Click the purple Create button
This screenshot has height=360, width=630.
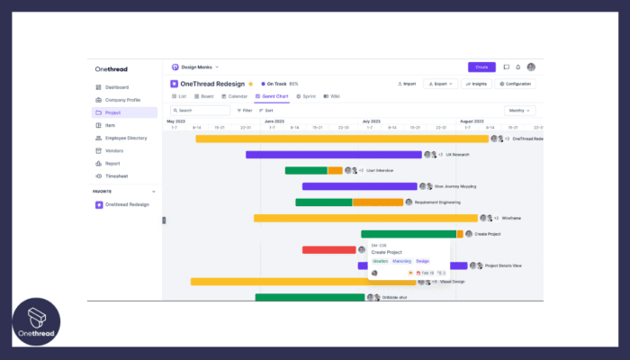(x=481, y=67)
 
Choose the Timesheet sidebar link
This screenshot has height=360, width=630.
(x=116, y=176)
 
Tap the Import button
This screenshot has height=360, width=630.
(x=406, y=84)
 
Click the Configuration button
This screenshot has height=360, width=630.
(x=515, y=84)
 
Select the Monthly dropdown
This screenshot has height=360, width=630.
(x=518, y=111)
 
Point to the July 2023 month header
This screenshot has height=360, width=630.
(x=371, y=121)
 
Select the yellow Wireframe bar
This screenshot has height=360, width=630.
(x=364, y=218)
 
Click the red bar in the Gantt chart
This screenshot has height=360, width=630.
(x=328, y=249)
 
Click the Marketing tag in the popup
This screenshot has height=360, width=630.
(x=401, y=261)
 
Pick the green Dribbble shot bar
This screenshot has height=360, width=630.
(x=310, y=297)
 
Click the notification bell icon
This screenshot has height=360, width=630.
(x=518, y=67)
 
